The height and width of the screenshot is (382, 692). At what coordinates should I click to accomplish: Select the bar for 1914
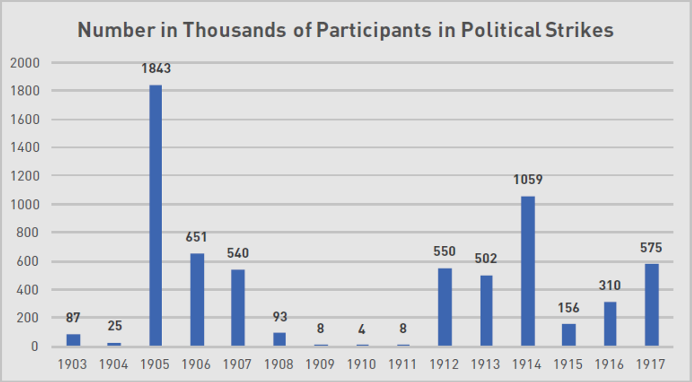coord(528,271)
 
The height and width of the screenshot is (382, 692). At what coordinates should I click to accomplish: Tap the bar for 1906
coord(197,299)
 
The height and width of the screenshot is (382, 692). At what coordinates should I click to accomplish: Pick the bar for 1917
coord(651,305)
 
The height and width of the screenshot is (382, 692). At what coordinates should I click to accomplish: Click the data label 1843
coord(156,69)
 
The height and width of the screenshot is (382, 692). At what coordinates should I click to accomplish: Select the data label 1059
coord(528,179)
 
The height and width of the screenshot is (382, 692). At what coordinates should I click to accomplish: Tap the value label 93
coord(280,317)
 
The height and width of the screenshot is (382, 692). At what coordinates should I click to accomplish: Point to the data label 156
coord(569,308)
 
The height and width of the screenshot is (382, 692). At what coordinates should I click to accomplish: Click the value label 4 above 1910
coord(362,329)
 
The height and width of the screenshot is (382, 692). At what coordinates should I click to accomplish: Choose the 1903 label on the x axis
coord(72,365)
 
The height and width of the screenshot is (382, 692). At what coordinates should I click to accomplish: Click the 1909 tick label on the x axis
coord(321,365)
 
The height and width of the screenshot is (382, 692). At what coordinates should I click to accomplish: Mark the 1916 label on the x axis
coord(610,365)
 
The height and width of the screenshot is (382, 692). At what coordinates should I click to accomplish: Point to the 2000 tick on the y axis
coord(25,63)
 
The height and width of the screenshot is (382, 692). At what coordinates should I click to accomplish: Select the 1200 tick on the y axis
coord(25,176)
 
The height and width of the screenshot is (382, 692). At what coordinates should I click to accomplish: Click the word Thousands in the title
coord(234,30)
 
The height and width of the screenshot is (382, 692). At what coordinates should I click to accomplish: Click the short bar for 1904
coord(114,344)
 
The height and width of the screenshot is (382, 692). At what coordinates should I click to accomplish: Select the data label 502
coord(486,259)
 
